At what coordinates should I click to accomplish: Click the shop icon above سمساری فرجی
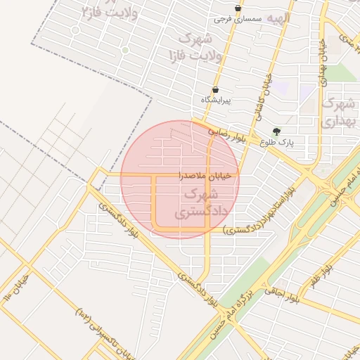pyautogui.click(x=238, y=8)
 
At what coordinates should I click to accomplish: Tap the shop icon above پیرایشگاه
pyautogui.click(x=215, y=90)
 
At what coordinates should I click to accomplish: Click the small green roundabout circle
pyautogui.click(x=125, y=50)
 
